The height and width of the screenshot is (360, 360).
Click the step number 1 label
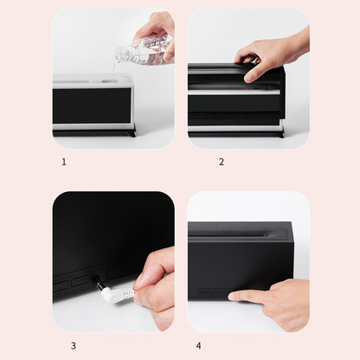[x=64, y=162]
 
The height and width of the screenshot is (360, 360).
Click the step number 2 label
[x=222, y=162]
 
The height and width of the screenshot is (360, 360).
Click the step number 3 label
[x=74, y=345]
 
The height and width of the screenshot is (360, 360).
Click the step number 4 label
[x=198, y=345]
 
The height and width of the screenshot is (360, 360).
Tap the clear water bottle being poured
[x=145, y=50]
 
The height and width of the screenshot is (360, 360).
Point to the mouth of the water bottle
[x=119, y=55]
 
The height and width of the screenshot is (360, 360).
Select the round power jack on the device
[x=96, y=280]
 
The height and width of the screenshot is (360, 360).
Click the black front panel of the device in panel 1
[x=92, y=106]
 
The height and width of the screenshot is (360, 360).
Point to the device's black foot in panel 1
[x=131, y=134]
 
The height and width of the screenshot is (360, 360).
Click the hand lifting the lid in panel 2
[x=271, y=55]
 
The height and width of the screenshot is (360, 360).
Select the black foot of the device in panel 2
[x=280, y=134]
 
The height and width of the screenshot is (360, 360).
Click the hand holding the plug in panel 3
[x=154, y=288]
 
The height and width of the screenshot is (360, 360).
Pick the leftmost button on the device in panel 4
[x=207, y=294]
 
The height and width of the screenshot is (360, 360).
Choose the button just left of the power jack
[x=80, y=280]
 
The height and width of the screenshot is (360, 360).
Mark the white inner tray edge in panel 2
[x=234, y=93]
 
